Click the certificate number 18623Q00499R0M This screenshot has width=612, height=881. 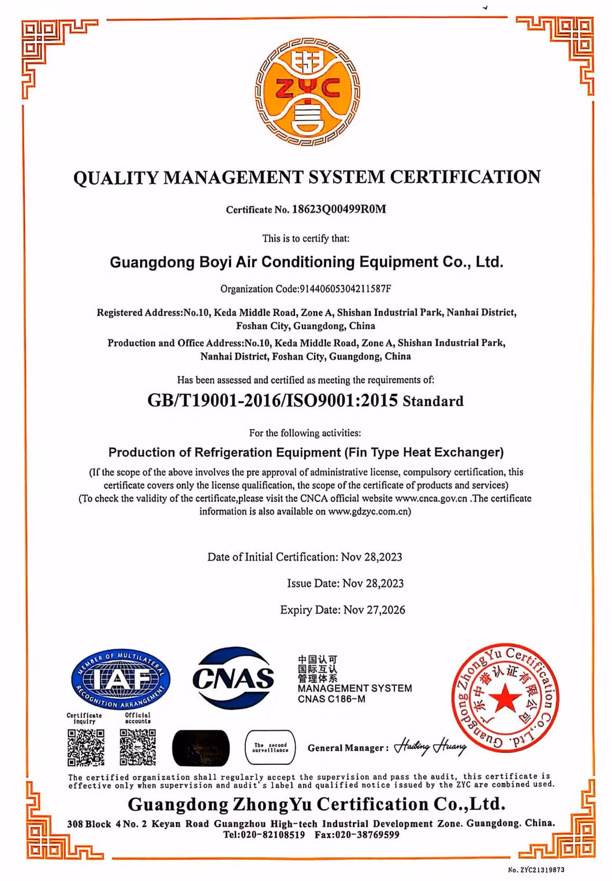339,209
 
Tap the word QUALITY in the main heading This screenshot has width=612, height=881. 116,177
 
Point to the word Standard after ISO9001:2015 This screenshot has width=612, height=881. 433,401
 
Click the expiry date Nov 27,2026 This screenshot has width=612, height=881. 374,610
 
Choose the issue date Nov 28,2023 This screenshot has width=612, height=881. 373,584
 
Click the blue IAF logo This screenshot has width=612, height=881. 121,678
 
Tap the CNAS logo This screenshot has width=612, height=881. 233,678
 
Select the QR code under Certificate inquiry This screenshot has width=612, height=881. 86,747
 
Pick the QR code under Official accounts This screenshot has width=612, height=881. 137,747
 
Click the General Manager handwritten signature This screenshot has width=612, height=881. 430,747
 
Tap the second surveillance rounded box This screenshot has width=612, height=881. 270,748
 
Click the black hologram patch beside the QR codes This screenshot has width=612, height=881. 201,748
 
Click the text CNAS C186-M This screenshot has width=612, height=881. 331,699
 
